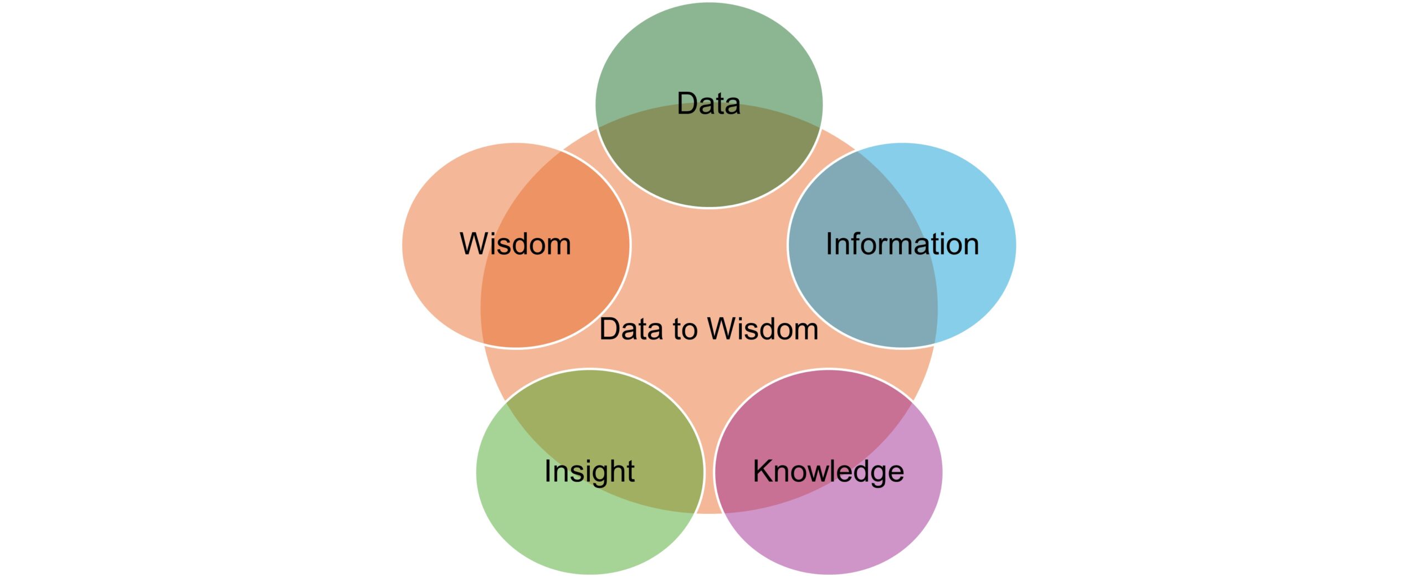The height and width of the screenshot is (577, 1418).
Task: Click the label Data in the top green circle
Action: (x=708, y=104)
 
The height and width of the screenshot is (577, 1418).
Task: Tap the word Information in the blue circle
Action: (x=902, y=244)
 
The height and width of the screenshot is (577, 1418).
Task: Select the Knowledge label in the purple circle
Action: (x=828, y=472)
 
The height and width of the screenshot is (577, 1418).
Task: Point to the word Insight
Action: (x=589, y=472)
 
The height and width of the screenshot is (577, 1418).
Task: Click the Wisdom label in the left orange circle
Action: (x=515, y=244)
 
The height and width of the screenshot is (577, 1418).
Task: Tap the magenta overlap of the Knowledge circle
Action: (x=803, y=426)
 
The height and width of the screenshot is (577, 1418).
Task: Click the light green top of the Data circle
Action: (x=709, y=50)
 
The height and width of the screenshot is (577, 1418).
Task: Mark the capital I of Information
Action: (x=829, y=244)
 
